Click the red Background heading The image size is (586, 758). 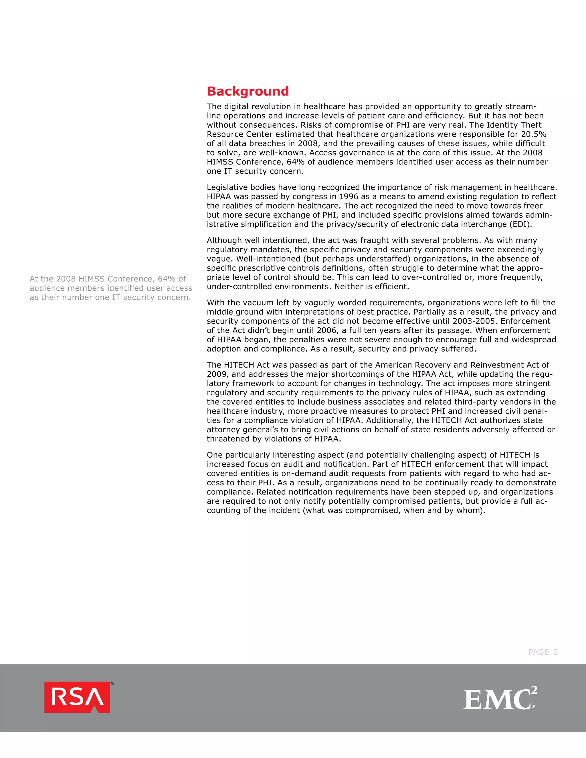click(x=248, y=91)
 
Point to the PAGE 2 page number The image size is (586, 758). click(x=543, y=652)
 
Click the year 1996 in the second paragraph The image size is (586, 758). click(x=349, y=197)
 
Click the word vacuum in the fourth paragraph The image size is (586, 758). click(x=251, y=303)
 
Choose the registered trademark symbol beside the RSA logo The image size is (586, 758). click(x=112, y=683)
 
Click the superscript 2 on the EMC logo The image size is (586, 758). click(x=534, y=690)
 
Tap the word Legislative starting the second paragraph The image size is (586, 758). click(x=226, y=187)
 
